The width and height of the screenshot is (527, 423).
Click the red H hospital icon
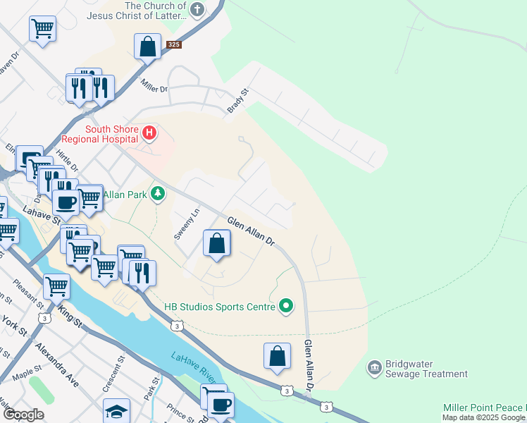(149, 132)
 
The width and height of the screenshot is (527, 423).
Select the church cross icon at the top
(197, 10)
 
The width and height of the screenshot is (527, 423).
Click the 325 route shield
(173, 44)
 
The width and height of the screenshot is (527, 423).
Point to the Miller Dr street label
(154, 89)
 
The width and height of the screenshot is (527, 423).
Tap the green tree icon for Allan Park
(159, 193)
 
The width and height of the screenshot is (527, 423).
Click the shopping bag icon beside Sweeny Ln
(217, 244)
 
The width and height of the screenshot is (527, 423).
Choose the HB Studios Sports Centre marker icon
(285, 306)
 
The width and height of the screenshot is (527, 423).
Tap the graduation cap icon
(116, 411)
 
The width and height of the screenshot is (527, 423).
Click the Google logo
(23, 415)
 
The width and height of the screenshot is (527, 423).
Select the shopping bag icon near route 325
(148, 47)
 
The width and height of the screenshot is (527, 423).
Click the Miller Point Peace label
(484, 408)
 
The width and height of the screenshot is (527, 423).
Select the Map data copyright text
(484, 418)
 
